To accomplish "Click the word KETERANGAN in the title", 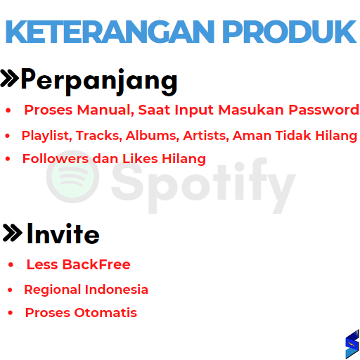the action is click(110, 32).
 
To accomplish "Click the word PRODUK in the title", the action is click(290, 32).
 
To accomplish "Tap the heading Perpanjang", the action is click(99, 82).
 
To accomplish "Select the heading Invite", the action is click(63, 233).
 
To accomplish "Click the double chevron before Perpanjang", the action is click(9, 79).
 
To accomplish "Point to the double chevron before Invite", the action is click(12, 233).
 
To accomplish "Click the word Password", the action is click(323, 110).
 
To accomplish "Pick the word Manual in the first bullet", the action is click(105, 110).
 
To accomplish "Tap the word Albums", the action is click(153, 136).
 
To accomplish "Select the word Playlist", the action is click(46, 136).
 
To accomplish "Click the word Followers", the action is click(56, 159).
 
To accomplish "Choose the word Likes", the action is click(140, 159).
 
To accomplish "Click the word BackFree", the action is click(96, 264).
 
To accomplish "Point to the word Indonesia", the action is click(117, 290).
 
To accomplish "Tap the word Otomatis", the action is click(105, 313).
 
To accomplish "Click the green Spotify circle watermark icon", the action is click(72, 176).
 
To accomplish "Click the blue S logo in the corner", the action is click(352, 344).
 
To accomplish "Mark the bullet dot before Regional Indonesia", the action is click(10, 290).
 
